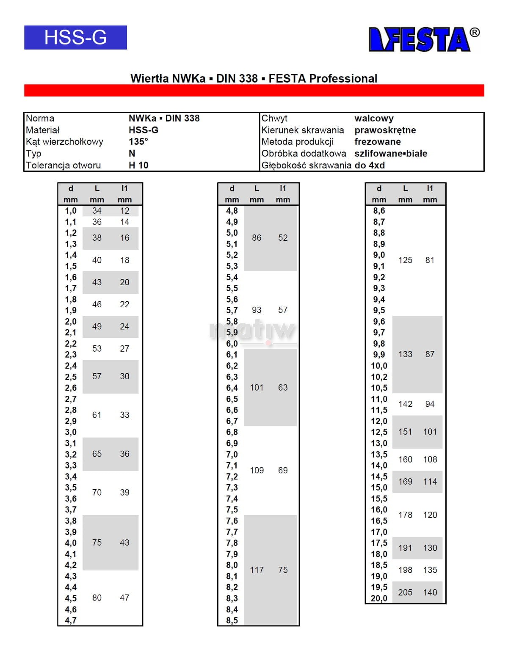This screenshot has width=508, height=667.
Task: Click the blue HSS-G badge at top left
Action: [x=75, y=37]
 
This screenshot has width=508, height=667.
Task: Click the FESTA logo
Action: [x=423, y=39]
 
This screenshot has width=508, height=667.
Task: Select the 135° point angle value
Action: [x=138, y=142]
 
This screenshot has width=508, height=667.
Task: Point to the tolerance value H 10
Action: [x=138, y=165]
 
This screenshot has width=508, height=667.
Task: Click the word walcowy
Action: [x=374, y=119]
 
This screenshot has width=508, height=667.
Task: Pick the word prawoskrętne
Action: [x=385, y=130]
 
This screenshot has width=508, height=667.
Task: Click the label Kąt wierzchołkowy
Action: [x=64, y=142]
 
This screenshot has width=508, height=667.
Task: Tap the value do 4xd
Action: [x=370, y=165]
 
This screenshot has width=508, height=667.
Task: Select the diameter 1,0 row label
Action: [x=71, y=211]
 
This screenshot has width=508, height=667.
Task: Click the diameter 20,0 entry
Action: [x=379, y=598]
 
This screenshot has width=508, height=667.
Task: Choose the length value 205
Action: [x=405, y=593]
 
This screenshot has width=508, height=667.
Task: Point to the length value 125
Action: [x=405, y=260]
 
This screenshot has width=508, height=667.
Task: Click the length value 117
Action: [x=257, y=570]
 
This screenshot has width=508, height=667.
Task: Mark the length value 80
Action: [x=97, y=598]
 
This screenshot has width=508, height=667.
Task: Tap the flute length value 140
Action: [x=430, y=593]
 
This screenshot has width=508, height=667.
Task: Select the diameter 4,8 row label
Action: [x=232, y=211]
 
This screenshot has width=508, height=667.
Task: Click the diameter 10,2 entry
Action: [x=379, y=377]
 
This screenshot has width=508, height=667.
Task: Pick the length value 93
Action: [x=257, y=310]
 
